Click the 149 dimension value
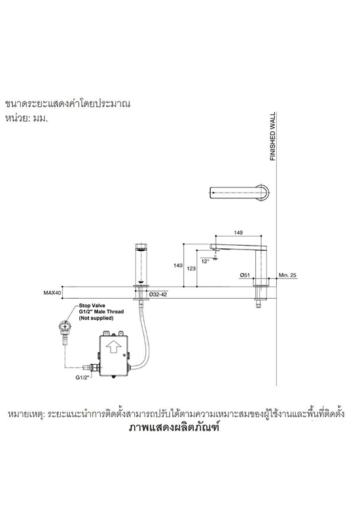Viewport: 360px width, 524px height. (x=238, y=233)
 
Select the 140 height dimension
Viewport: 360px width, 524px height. (x=178, y=265)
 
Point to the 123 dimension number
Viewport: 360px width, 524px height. (x=191, y=269)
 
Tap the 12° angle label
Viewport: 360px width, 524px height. (x=206, y=261)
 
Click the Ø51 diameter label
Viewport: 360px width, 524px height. (x=245, y=275)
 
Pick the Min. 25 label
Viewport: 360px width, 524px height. (x=287, y=275)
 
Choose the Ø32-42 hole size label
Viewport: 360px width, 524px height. (x=158, y=294)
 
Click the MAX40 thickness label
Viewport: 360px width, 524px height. (x=52, y=293)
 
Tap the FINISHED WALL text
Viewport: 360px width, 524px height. (x=273, y=136)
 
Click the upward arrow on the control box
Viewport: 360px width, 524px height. (x=112, y=347)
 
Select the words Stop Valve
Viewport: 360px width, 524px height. (x=92, y=305)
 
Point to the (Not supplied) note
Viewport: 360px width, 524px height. (x=96, y=318)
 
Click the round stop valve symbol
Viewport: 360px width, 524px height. (x=63, y=326)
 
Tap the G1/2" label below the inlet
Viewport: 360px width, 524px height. (x=82, y=378)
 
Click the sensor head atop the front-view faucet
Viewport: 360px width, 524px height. (x=142, y=248)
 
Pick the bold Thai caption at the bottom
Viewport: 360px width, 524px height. (x=174, y=428)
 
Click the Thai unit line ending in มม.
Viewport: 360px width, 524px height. (x=26, y=119)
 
